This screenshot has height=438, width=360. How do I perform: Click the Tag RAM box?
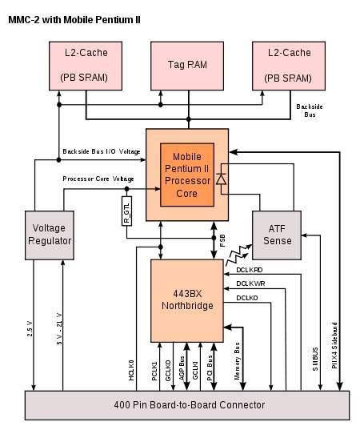coord(187,66)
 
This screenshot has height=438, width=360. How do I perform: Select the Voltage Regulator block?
coord(50,235)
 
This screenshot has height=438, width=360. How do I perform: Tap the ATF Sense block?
coord(277,235)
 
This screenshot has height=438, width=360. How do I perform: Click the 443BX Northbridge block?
coord(187,300)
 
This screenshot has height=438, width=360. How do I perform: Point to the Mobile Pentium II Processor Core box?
coord(187,175)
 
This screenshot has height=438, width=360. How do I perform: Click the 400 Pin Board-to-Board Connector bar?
coord(187,405)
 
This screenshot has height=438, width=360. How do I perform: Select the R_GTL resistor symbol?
coord(126,211)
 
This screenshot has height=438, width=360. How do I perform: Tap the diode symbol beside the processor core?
coord(222,179)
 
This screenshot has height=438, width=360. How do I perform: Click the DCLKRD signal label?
coord(250,270)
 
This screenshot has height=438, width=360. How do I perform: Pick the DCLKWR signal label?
coord(250,283)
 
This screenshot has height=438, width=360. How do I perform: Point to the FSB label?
coord(222,240)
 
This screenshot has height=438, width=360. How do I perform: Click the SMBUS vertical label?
coord(315,359)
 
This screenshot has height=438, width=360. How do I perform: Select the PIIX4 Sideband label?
coord(334,345)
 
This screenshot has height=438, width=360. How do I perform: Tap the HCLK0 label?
coord(131,370)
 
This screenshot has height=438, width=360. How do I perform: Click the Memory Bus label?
coord(237,361)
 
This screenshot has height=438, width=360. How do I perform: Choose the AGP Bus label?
coord(182,368)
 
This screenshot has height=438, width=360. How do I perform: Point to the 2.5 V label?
coord(30,329)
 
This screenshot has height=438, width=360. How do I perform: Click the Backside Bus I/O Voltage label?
coord(102,151)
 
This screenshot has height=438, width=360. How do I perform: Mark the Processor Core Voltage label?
coord(98,179)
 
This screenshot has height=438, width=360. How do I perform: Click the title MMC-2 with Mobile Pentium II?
coord(74,20)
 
